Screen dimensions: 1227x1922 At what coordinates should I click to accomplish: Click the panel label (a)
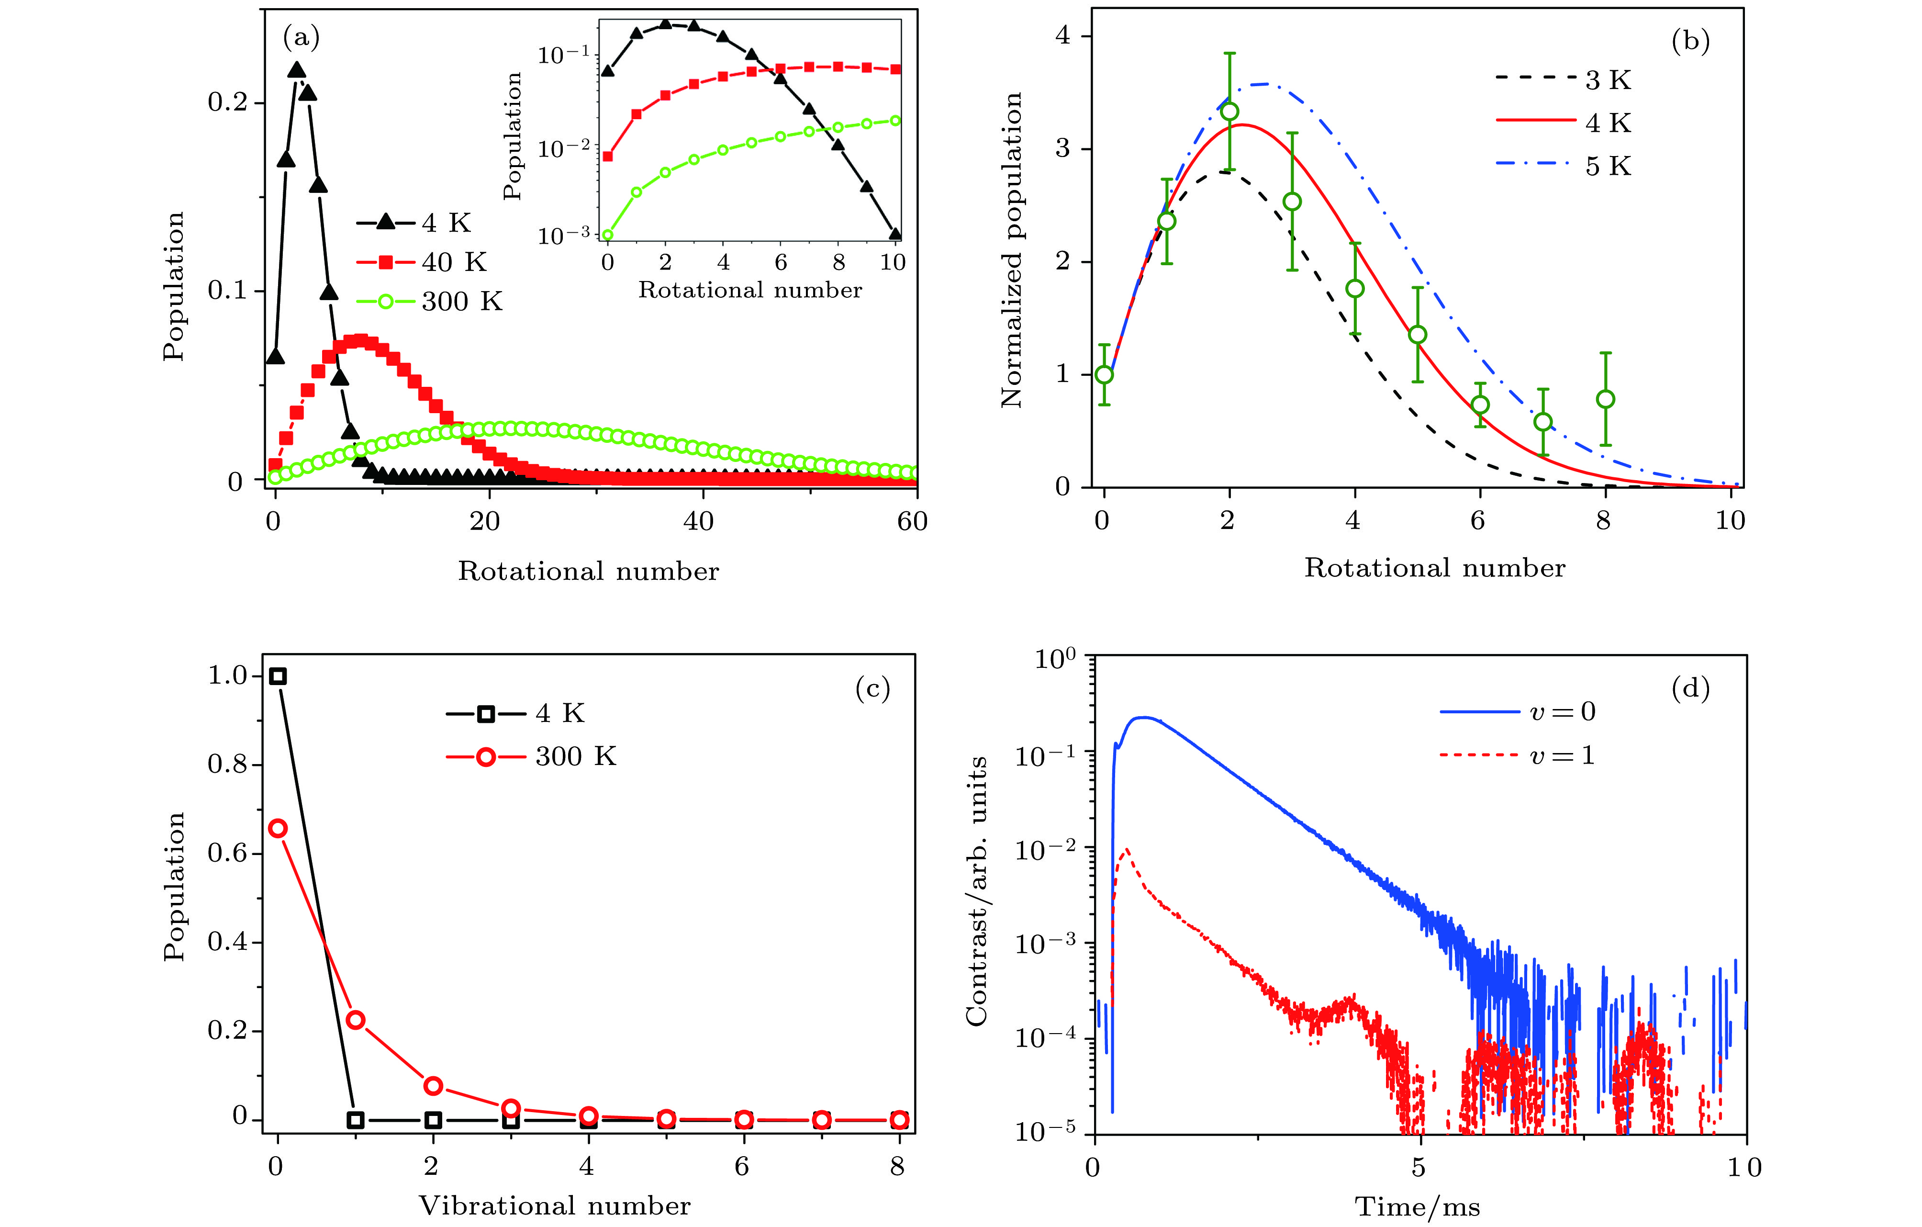[301, 37]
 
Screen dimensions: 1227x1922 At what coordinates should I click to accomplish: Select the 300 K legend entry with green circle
[429, 301]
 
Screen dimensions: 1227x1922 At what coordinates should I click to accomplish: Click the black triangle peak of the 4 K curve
[296, 70]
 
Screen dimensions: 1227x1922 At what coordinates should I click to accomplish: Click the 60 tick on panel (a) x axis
[912, 521]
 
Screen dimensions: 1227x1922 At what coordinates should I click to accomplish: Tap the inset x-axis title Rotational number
[750, 290]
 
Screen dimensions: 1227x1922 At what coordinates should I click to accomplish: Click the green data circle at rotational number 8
[1605, 399]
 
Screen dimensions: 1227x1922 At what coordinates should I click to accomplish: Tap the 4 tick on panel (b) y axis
[1062, 36]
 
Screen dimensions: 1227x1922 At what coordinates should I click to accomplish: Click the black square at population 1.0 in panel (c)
[278, 676]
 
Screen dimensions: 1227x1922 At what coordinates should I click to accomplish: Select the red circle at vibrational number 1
[356, 1019]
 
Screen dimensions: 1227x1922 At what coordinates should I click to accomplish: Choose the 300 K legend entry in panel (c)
[531, 756]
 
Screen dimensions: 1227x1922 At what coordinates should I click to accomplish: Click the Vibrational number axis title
[555, 1205]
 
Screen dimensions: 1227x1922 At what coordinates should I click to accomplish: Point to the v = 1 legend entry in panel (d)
[1517, 755]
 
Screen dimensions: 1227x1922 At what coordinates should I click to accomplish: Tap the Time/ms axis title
[1418, 1207]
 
